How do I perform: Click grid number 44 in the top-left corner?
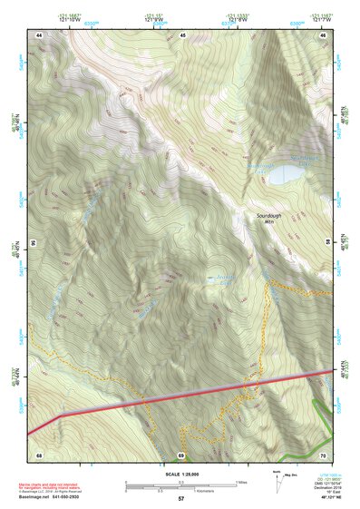pos(39,34)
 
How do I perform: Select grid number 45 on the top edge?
pos(182,34)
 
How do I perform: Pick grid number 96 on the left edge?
pos(32,243)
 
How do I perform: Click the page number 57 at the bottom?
pos(180,499)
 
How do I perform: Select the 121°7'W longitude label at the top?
pos(320,19)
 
